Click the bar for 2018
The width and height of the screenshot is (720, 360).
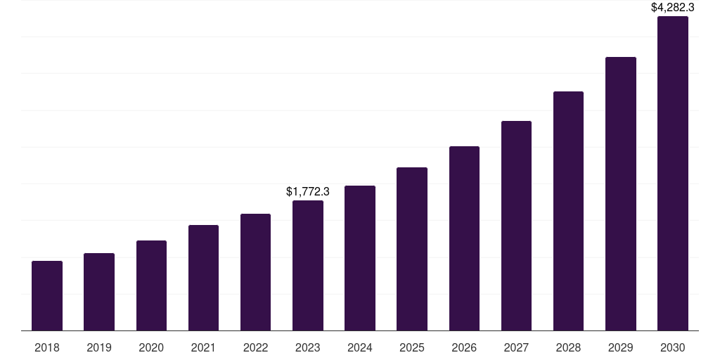[x=47, y=295]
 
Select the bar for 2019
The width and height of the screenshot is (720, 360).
[x=99, y=292]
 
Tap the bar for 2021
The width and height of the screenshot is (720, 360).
[x=203, y=278]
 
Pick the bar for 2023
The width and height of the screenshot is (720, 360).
[x=308, y=265]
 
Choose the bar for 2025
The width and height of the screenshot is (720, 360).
[x=412, y=249]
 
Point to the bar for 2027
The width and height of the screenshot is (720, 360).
[x=516, y=226]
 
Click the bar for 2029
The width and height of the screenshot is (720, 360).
[x=621, y=193]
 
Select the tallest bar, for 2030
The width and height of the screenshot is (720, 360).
[x=673, y=173]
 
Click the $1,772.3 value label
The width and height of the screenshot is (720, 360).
[x=308, y=191]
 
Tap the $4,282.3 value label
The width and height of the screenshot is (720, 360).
[x=673, y=8]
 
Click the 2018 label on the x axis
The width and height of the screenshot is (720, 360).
[x=47, y=347]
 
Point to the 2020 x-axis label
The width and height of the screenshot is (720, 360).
[x=151, y=347]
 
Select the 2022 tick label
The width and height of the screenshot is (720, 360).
[x=255, y=347]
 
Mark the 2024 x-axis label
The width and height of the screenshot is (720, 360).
[x=360, y=347]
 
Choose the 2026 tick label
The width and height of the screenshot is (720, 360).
[x=464, y=347]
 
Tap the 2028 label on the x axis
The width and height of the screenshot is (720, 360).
[x=568, y=347]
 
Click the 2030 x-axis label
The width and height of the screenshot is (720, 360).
[x=673, y=347]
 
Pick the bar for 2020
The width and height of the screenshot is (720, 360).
[x=151, y=285]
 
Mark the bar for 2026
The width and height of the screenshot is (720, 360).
[x=464, y=238]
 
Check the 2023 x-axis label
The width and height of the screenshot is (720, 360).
[x=308, y=347]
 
